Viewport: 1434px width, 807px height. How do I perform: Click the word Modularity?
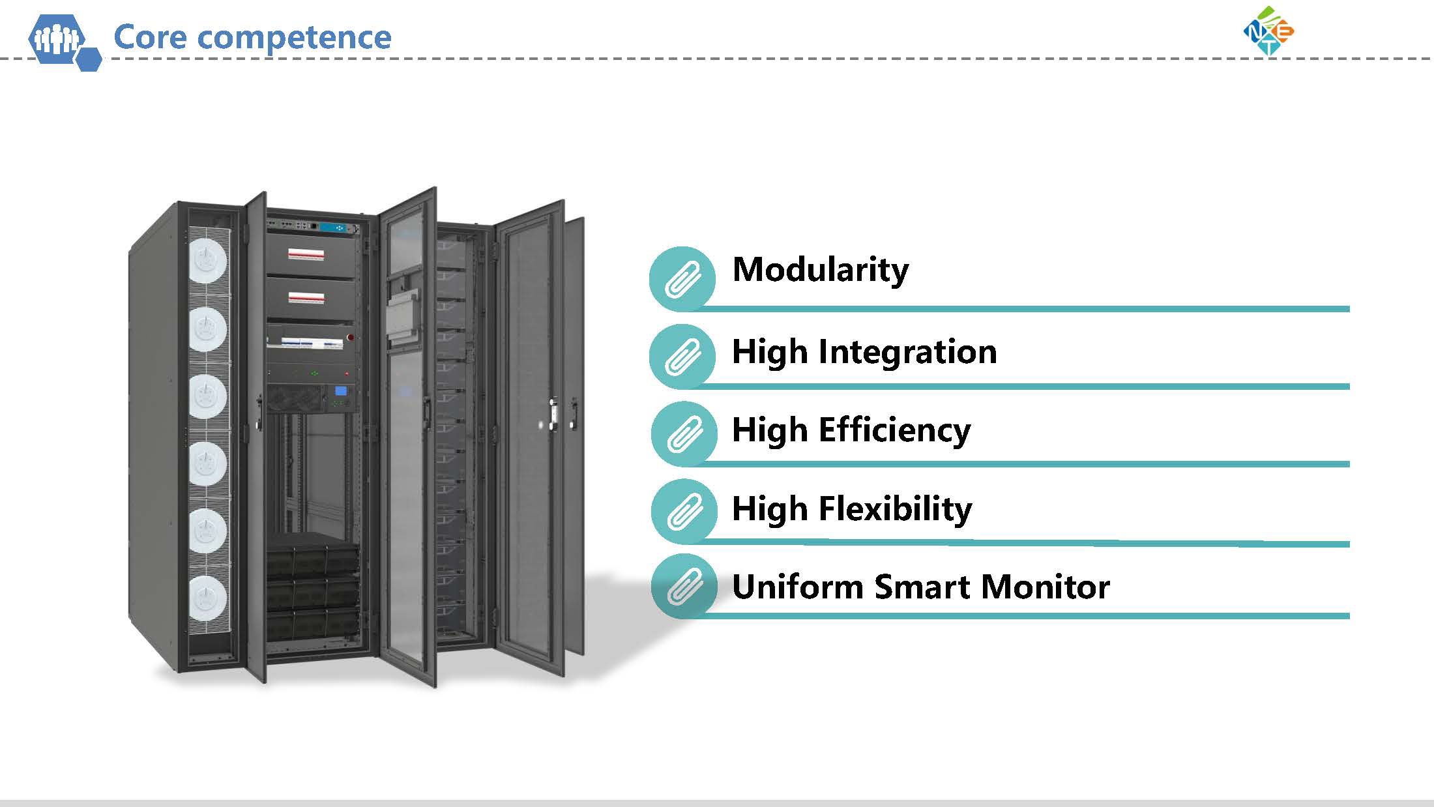tap(820, 269)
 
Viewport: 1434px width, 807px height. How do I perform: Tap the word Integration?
tap(907, 353)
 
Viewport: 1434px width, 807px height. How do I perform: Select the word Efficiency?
tap(894, 431)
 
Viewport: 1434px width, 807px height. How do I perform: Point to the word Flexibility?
tap(895, 509)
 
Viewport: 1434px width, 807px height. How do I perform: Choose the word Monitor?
tap(1045, 587)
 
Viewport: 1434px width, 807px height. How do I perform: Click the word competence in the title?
tap(294, 38)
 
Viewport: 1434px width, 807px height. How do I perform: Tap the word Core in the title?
tap(151, 37)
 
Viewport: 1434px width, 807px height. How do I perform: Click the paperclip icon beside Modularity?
tap(682, 278)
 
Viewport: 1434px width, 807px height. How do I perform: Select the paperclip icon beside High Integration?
tap(682, 356)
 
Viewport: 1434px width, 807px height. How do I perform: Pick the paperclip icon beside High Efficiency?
tap(684, 433)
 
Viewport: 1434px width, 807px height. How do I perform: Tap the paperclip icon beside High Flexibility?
tap(684, 511)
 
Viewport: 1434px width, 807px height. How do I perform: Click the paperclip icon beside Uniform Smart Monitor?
tap(684, 586)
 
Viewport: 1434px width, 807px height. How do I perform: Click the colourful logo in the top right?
tap(1268, 31)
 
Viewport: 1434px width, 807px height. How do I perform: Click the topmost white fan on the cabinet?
tap(208, 260)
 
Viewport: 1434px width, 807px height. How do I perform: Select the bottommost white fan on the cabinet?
tap(208, 598)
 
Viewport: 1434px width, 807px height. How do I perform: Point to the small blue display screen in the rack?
tap(340, 391)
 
